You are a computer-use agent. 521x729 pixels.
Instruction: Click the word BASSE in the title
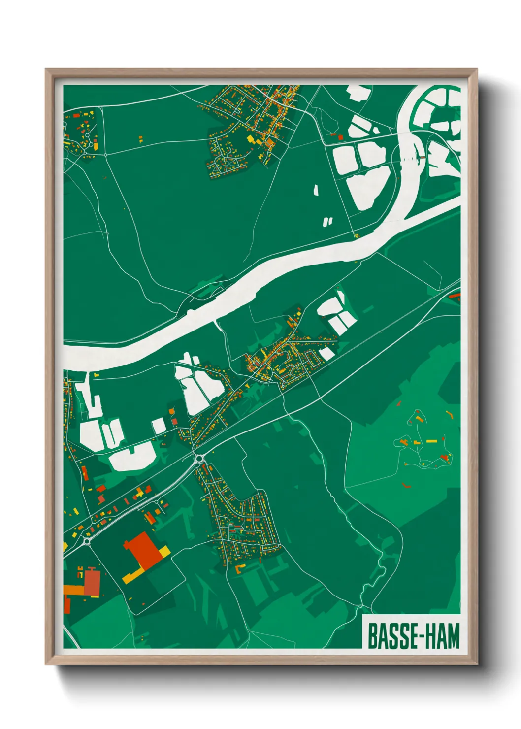pos(391,636)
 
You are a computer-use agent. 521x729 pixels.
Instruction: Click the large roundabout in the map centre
pos(199,459)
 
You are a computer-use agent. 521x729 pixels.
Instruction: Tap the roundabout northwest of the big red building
pos(87,541)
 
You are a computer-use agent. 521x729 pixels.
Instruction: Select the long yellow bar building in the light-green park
pos(431,441)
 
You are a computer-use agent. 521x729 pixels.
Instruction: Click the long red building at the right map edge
pos(455,296)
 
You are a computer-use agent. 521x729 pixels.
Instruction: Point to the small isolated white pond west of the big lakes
pos(316,190)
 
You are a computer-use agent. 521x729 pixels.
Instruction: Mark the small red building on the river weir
pos(423,156)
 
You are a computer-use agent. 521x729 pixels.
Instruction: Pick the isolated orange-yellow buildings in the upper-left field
pos(140,139)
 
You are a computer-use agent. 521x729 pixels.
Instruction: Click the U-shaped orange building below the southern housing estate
pos(240,568)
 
